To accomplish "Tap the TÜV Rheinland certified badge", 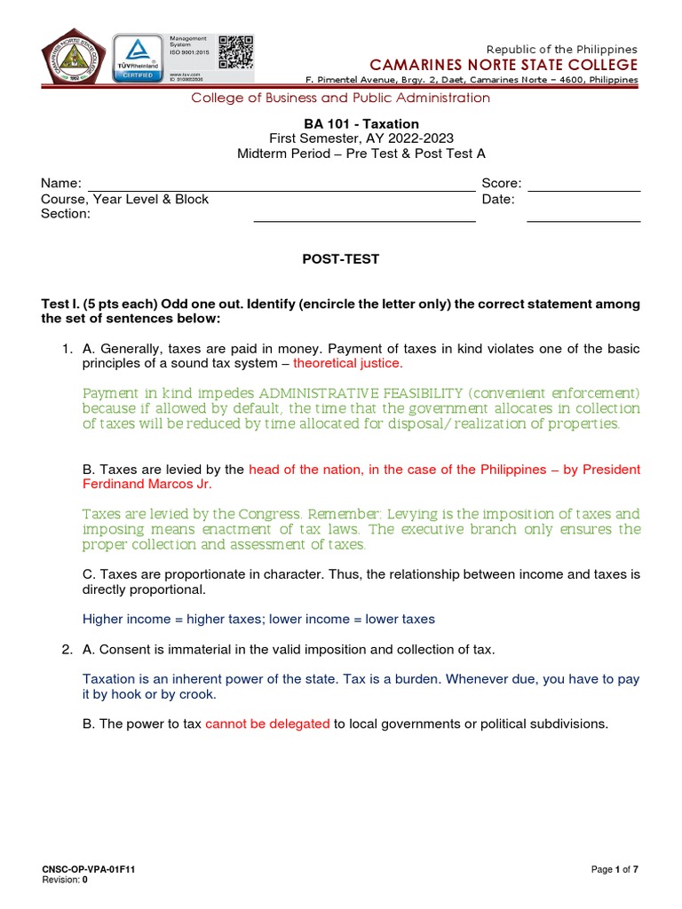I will pyautogui.click(x=139, y=59).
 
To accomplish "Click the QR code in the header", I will pyautogui.click(x=235, y=51).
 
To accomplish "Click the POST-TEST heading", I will pyautogui.click(x=341, y=259).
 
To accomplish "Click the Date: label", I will pyautogui.click(x=498, y=199).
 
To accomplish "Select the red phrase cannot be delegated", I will pyautogui.click(x=267, y=723).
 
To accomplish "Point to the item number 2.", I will pyautogui.click(x=67, y=650).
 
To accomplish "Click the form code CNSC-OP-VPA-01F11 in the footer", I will pyautogui.click(x=83, y=869).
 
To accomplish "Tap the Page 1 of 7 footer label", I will pyautogui.click(x=615, y=869).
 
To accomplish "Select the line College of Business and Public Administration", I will pyautogui.click(x=341, y=98).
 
